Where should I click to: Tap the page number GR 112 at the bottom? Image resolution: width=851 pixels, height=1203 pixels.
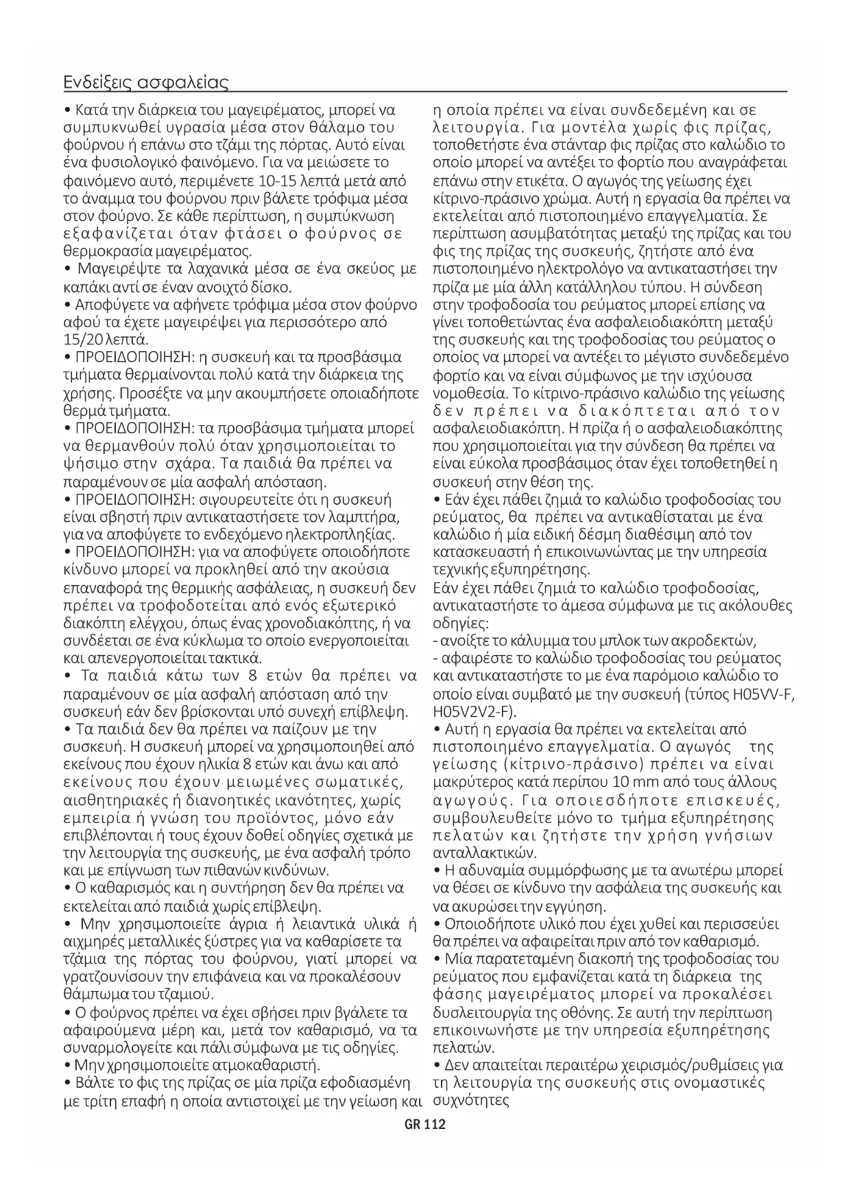point(425,1125)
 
